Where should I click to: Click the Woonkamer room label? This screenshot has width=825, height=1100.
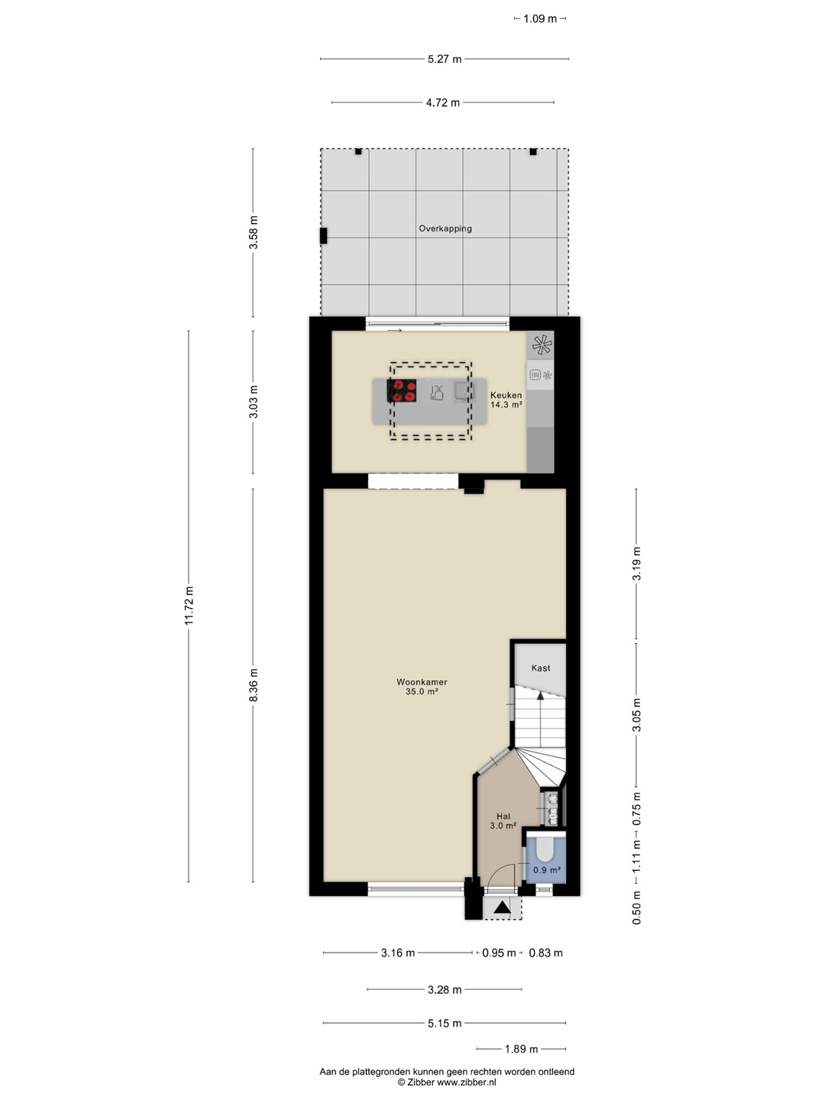point(422,682)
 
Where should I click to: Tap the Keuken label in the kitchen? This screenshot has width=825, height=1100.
point(506,395)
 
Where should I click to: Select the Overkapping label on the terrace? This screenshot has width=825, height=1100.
point(445,228)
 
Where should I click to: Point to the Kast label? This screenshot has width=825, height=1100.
point(541,668)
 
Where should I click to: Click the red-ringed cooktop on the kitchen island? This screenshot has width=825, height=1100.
point(402,391)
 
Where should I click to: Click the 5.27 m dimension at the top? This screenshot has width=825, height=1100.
point(445,59)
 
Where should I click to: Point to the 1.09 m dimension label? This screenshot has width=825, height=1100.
point(540,19)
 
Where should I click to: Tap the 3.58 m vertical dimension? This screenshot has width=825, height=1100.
point(254,232)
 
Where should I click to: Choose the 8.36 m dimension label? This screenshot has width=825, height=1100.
point(254,685)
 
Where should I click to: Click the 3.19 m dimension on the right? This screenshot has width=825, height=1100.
point(636,564)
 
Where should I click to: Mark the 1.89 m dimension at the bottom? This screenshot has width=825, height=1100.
point(521,1049)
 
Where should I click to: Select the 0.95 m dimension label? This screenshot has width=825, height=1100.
point(499,953)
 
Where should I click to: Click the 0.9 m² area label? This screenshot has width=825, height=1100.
point(546,870)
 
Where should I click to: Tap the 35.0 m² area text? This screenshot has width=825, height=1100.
point(422,691)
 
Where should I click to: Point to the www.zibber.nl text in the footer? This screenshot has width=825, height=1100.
point(466,1082)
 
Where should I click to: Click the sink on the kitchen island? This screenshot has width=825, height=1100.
point(464,391)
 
